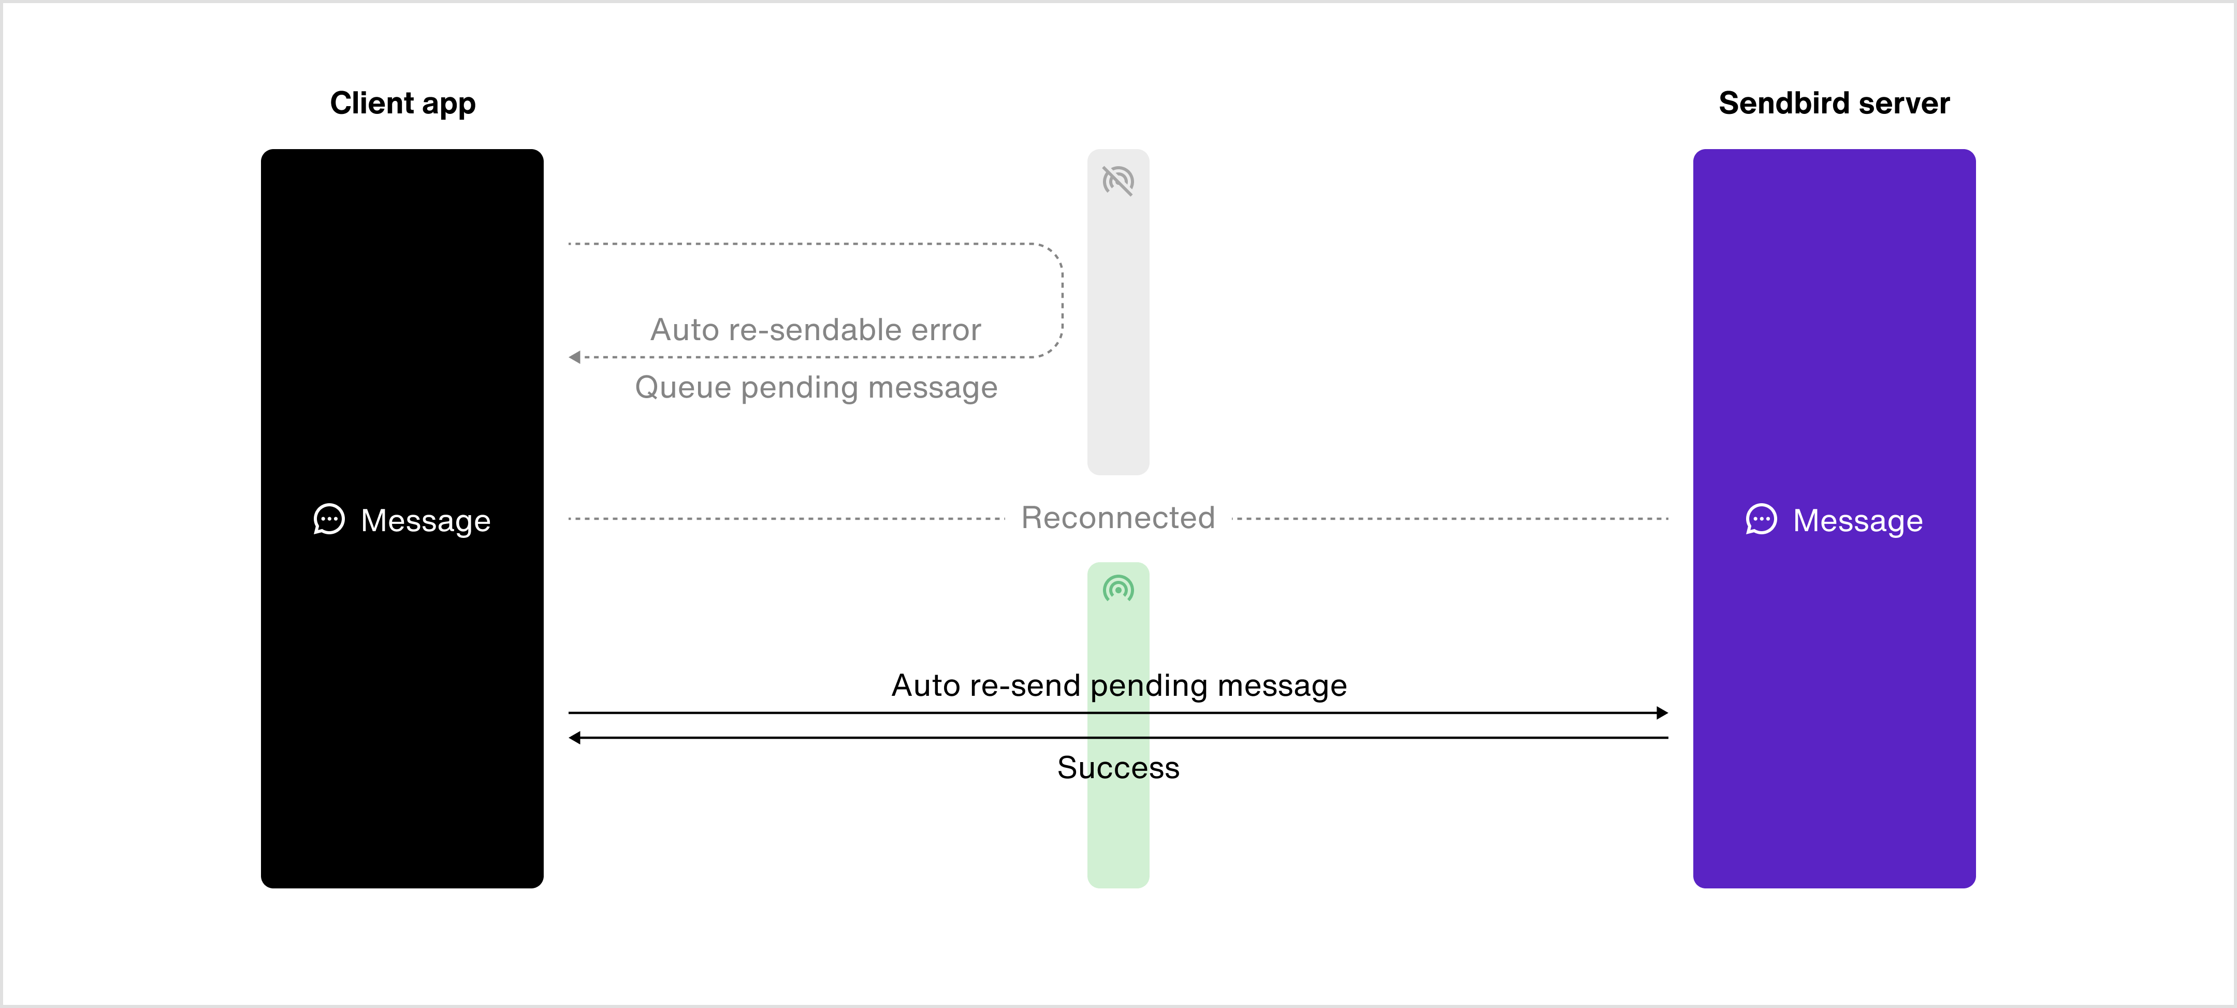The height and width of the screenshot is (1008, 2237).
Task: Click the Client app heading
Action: (403, 104)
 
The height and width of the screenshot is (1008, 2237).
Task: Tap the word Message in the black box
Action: (426, 521)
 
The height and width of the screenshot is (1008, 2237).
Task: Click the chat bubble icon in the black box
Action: (329, 519)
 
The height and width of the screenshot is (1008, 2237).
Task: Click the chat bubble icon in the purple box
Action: (1761, 519)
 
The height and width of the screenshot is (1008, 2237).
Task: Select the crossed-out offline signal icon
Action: (1118, 181)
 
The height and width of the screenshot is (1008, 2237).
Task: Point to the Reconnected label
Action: (1118, 517)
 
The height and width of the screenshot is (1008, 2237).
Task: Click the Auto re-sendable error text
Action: (816, 330)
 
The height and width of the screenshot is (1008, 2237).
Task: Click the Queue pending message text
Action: (816, 387)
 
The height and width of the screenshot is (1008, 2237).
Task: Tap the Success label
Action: (1118, 767)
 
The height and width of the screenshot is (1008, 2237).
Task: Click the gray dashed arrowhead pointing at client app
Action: (574, 357)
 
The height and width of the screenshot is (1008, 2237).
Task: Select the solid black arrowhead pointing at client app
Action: (574, 738)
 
